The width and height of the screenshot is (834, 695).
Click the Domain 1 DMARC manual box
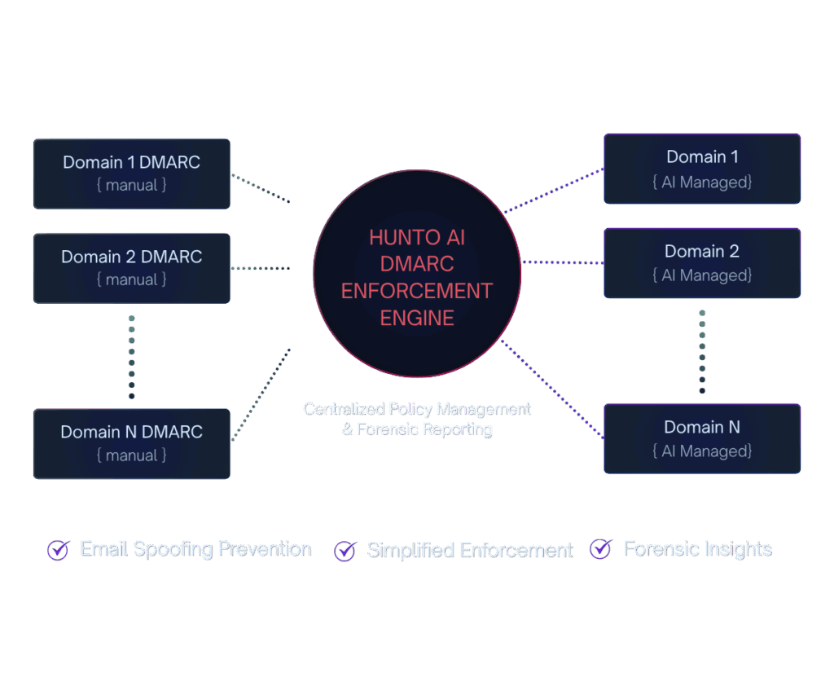131,173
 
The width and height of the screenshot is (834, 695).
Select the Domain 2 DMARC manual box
131,267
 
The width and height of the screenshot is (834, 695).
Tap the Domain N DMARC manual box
131,443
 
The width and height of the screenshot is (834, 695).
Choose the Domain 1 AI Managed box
701,169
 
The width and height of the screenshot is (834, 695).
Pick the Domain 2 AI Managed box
701,262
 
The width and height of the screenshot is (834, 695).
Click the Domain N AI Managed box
701,438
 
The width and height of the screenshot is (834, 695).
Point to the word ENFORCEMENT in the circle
416,291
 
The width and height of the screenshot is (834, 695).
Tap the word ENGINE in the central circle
416,317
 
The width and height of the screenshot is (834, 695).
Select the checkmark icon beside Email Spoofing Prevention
58,550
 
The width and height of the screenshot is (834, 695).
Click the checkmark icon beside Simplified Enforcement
345,551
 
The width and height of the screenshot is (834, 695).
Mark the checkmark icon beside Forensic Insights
600,549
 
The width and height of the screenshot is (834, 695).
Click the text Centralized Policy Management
416,408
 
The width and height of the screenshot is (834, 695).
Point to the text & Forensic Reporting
416,429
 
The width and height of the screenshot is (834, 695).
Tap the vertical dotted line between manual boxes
131,356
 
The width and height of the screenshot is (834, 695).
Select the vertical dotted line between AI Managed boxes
702,351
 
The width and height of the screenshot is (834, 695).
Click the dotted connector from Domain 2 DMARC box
261,268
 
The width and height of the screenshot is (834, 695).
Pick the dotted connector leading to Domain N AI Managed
552,389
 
